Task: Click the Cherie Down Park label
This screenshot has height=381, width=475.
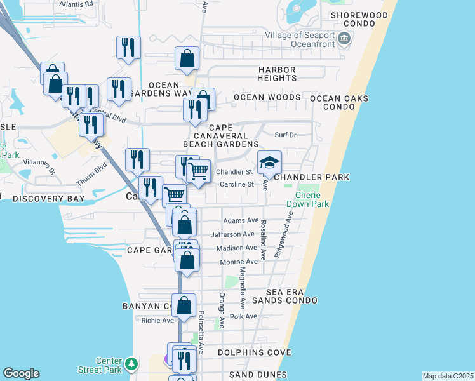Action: (312, 199)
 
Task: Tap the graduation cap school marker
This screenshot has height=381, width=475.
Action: (269, 163)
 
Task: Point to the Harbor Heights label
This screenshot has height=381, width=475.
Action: (277, 74)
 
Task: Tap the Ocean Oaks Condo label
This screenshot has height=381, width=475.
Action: (338, 102)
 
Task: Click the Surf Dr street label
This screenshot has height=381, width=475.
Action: (285, 135)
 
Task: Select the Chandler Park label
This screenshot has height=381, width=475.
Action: (311, 177)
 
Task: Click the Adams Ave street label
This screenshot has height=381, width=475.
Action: (241, 221)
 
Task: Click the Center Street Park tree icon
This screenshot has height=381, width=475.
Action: (131, 364)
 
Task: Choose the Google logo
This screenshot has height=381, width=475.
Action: (21, 373)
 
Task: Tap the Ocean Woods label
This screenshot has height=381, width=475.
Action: (267, 97)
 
